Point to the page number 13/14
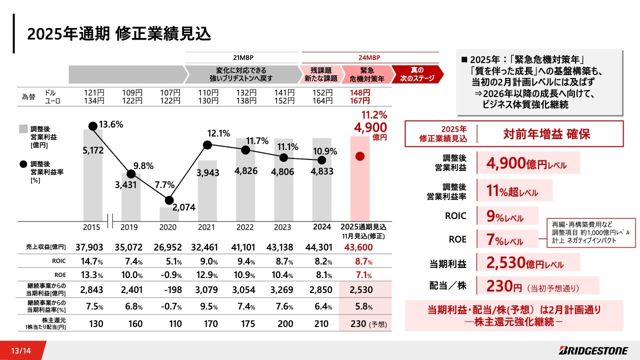point(20,350)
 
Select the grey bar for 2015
point(92,175)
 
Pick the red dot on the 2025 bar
point(359,156)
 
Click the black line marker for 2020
point(169,200)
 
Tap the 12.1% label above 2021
point(218,133)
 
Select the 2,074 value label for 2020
point(183,207)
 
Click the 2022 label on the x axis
point(245,227)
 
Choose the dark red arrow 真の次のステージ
point(417,74)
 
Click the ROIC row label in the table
point(59,261)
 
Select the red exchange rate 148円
point(360,93)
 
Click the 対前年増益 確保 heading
point(546,134)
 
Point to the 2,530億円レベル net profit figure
point(524,263)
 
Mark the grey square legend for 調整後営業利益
point(23,129)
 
